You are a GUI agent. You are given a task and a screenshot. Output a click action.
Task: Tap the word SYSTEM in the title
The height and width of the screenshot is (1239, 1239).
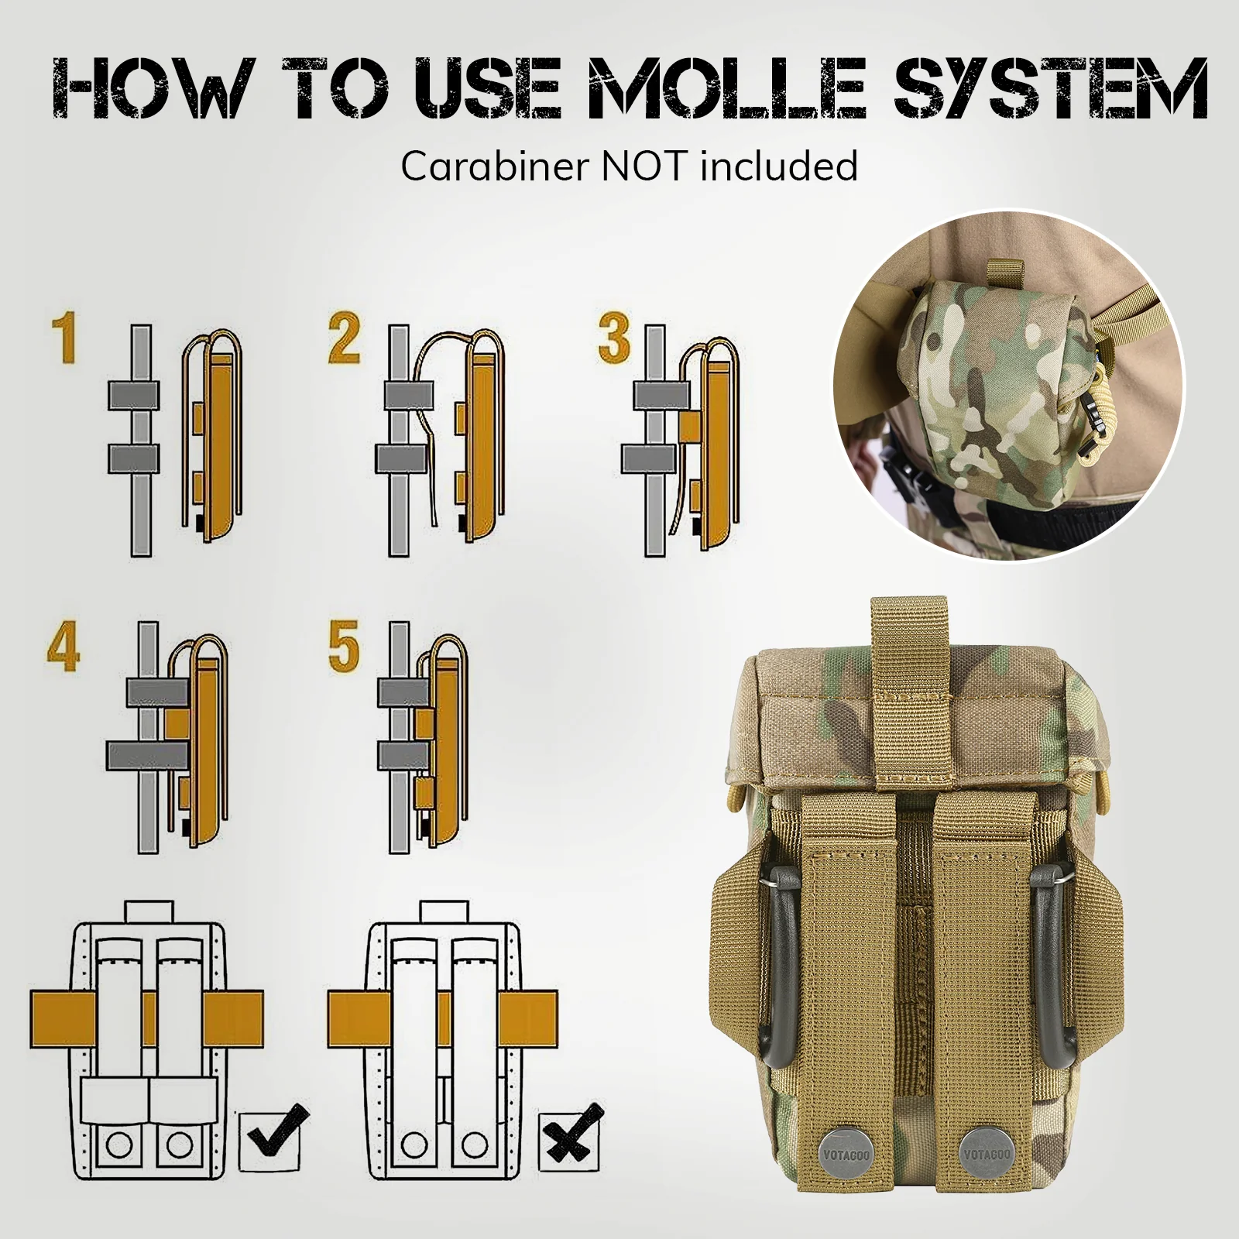click(x=1051, y=88)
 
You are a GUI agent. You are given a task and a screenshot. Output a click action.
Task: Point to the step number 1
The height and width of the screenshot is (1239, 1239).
click(x=64, y=339)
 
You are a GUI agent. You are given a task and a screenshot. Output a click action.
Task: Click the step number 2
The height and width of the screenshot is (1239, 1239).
click(x=344, y=339)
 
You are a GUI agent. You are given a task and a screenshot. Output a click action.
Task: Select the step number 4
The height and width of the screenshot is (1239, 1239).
click(x=63, y=647)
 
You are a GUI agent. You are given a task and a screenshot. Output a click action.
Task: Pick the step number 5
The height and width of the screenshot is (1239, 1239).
click(x=344, y=647)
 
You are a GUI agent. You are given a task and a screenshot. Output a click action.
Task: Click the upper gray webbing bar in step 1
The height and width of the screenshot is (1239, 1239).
click(x=134, y=396)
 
